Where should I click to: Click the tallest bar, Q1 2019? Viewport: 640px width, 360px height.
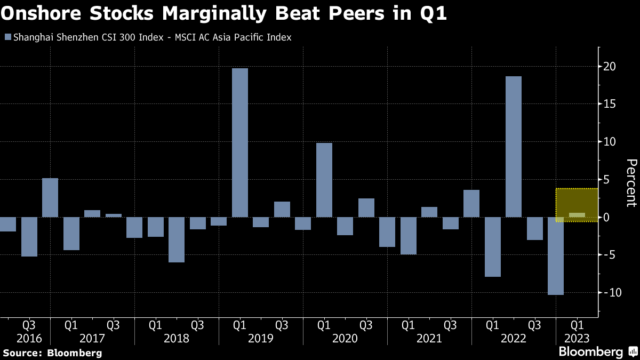pyautogui.click(x=240, y=143)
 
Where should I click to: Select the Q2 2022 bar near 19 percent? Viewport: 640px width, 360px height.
pyautogui.click(x=514, y=147)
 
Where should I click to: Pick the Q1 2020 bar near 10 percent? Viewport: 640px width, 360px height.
pyautogui.click(x=324, y=180)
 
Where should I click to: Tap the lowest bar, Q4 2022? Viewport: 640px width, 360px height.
pyautogui.click(x=556, y=256)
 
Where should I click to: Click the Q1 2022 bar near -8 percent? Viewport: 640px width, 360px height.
pyautogui.click(x=493, y=247)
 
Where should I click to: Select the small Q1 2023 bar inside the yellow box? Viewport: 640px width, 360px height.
pyautogui.click(x=577, y=215)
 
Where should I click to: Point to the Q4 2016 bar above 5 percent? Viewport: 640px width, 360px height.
pyautogui.click(x=50, y=197)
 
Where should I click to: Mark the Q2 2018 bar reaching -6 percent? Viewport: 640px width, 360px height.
pyautogui.click(x=177, y=239)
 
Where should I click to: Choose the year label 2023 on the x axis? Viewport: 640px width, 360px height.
pyautogui.click(x=577, y=339)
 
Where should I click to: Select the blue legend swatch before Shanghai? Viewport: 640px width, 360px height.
pyautogui.click(x=7, y=37)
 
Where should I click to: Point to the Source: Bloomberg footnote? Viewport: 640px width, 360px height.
pyautogui.click(x=52, y=353)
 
